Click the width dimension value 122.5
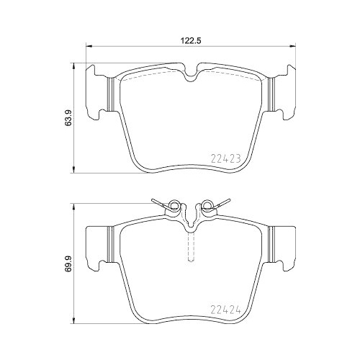click(189, 42)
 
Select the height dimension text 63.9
click(69, 117)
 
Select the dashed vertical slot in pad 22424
click(189, 248)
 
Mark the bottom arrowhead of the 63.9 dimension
click(77, 171)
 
